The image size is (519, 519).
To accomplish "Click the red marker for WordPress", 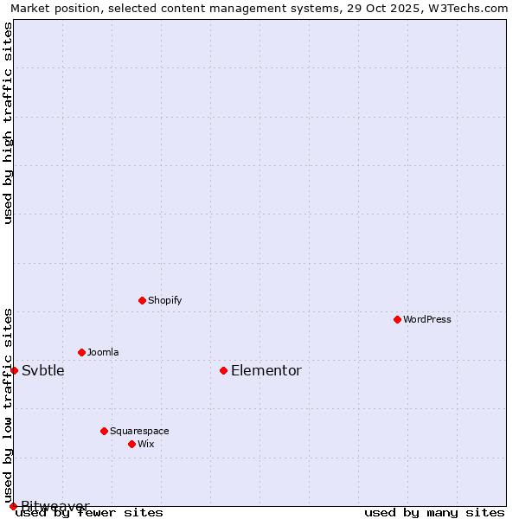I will pos(397,319).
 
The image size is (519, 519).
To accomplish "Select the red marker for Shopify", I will pos(142,300).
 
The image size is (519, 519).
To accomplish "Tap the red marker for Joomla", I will pos(81,352).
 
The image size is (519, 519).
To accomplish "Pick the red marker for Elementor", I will pos(223,370).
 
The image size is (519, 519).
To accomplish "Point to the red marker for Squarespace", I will pos(104,431).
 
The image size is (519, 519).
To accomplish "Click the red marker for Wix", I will pos(131,444).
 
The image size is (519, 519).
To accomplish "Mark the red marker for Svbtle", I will pos(14,370).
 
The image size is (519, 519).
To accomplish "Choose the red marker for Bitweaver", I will pos(13,506).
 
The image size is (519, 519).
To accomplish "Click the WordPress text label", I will pos(427,319).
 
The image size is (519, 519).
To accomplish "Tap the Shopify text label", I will pos(164,300).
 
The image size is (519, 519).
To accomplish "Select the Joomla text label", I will pos(103,352).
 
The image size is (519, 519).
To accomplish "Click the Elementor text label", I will pos(266,370).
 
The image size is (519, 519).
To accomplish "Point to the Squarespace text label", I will pos(139,431).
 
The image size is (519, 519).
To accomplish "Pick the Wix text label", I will pos(145,444).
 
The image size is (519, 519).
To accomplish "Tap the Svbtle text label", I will pos(43,370).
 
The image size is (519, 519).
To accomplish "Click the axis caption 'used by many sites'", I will pos(434,512).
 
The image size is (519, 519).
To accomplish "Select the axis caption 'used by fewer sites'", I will pos(90,512).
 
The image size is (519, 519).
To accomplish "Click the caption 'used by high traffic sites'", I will pos(8,123).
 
